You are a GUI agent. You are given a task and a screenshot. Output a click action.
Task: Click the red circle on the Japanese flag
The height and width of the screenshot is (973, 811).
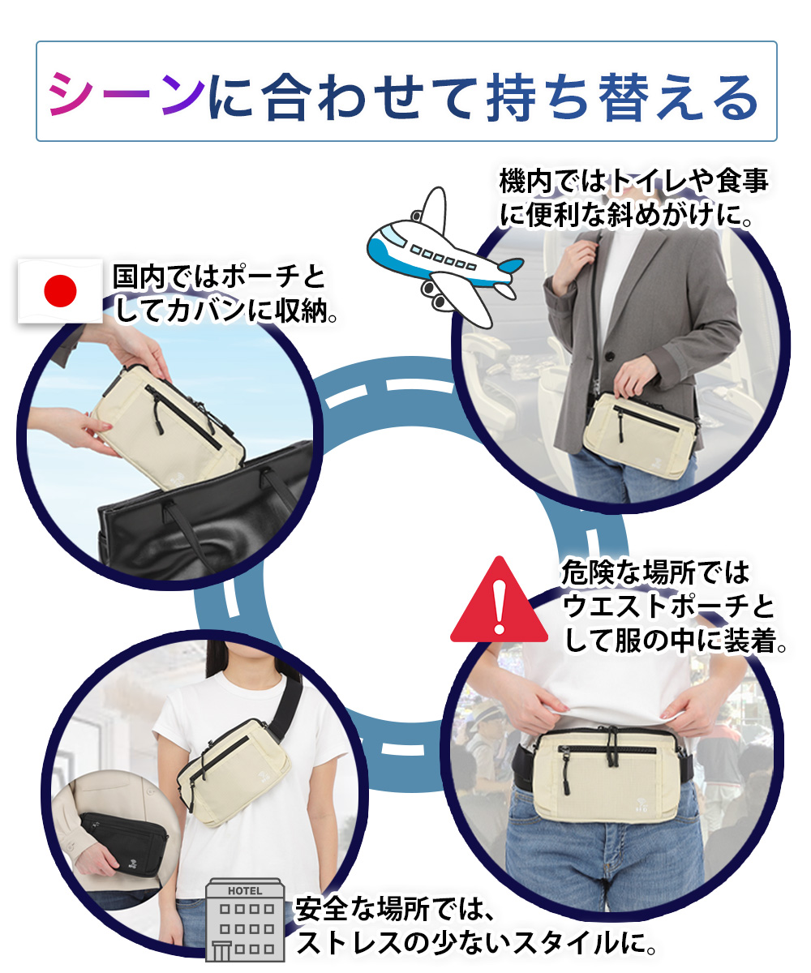click(60, 291)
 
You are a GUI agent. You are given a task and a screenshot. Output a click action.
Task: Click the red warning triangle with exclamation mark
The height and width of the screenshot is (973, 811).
click(500, 599)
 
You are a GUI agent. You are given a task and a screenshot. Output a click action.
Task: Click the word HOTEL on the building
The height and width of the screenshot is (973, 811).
click(245, 890)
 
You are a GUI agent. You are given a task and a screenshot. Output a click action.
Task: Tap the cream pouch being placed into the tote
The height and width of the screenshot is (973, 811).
click(168, 426)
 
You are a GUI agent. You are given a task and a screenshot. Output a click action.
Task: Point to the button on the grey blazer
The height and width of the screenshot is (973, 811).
click(610, 356)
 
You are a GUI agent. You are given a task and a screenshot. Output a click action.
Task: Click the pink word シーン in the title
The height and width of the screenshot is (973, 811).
click(127, 96)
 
